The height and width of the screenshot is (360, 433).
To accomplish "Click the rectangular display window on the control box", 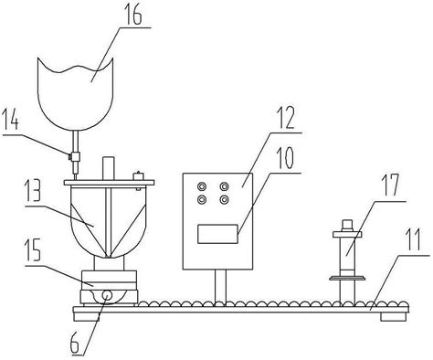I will pyautogui.click(x=216, y=234).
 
